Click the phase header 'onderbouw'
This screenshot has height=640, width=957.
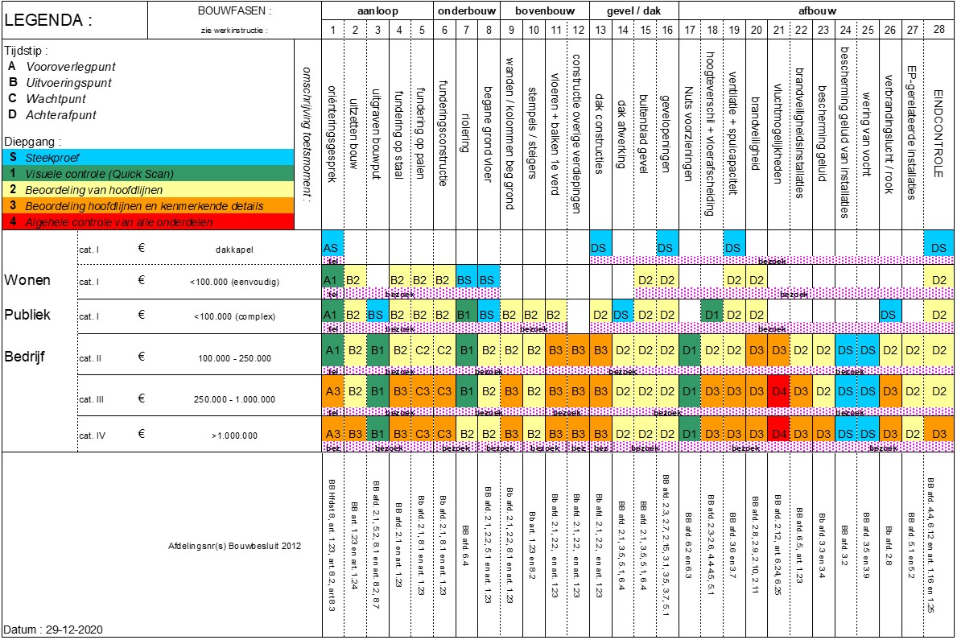[x=468, y=11]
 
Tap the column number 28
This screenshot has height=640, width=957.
[x=938, y=30]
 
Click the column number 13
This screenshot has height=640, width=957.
[x=600, y=30]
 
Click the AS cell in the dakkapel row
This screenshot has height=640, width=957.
[x=332, y=248]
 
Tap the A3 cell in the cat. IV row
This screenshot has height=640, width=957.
[x=332, y=433]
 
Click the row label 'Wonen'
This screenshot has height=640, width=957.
[x=27, y=281]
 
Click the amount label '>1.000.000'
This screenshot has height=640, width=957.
[x=234, y=436]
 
